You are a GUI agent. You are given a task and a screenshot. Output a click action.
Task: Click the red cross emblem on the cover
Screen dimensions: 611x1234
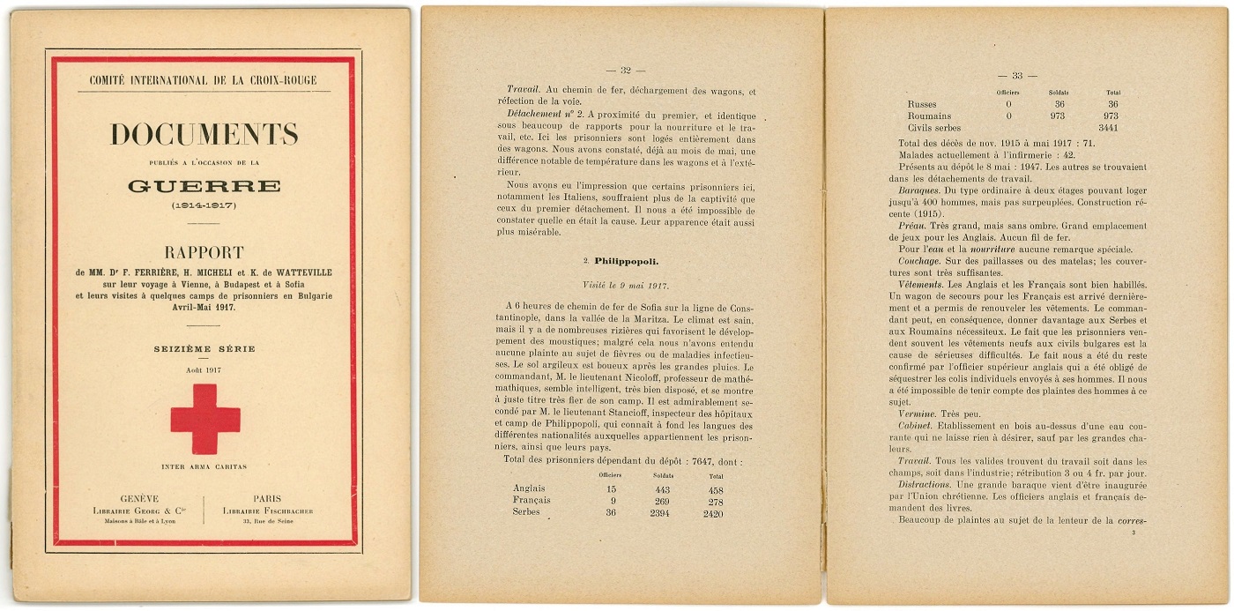(x=204, y=419)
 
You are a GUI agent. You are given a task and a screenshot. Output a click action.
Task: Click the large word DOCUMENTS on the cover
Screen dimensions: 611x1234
(x=204, y=135)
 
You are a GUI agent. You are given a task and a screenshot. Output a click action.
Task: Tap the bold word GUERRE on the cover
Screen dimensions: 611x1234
(x=204, y=186)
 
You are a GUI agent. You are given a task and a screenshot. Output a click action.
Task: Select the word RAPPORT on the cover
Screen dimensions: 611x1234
(x=204, y=253)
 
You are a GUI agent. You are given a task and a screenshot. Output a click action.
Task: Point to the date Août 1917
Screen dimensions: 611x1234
(x=204, y=369)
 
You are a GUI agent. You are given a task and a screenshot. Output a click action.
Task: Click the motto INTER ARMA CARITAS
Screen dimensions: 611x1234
(x=204, y=466)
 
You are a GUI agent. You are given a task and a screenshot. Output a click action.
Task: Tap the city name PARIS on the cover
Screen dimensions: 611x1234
(x=267, y=498)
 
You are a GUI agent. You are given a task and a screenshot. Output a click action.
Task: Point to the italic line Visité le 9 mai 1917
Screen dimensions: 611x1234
(x=626, y=286)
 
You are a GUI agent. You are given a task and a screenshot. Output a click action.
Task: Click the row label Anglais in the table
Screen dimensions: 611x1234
(x=529, y=488)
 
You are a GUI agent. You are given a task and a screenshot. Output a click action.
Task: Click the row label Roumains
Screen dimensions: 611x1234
(x=929, y=115)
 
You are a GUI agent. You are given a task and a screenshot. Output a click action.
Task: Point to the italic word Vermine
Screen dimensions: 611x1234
(x=917, y=413)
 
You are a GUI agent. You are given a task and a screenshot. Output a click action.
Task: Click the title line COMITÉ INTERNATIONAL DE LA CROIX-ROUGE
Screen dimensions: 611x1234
(x=204, y=81)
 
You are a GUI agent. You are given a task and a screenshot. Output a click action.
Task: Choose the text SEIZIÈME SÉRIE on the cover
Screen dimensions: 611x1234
(x=204, y=349)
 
